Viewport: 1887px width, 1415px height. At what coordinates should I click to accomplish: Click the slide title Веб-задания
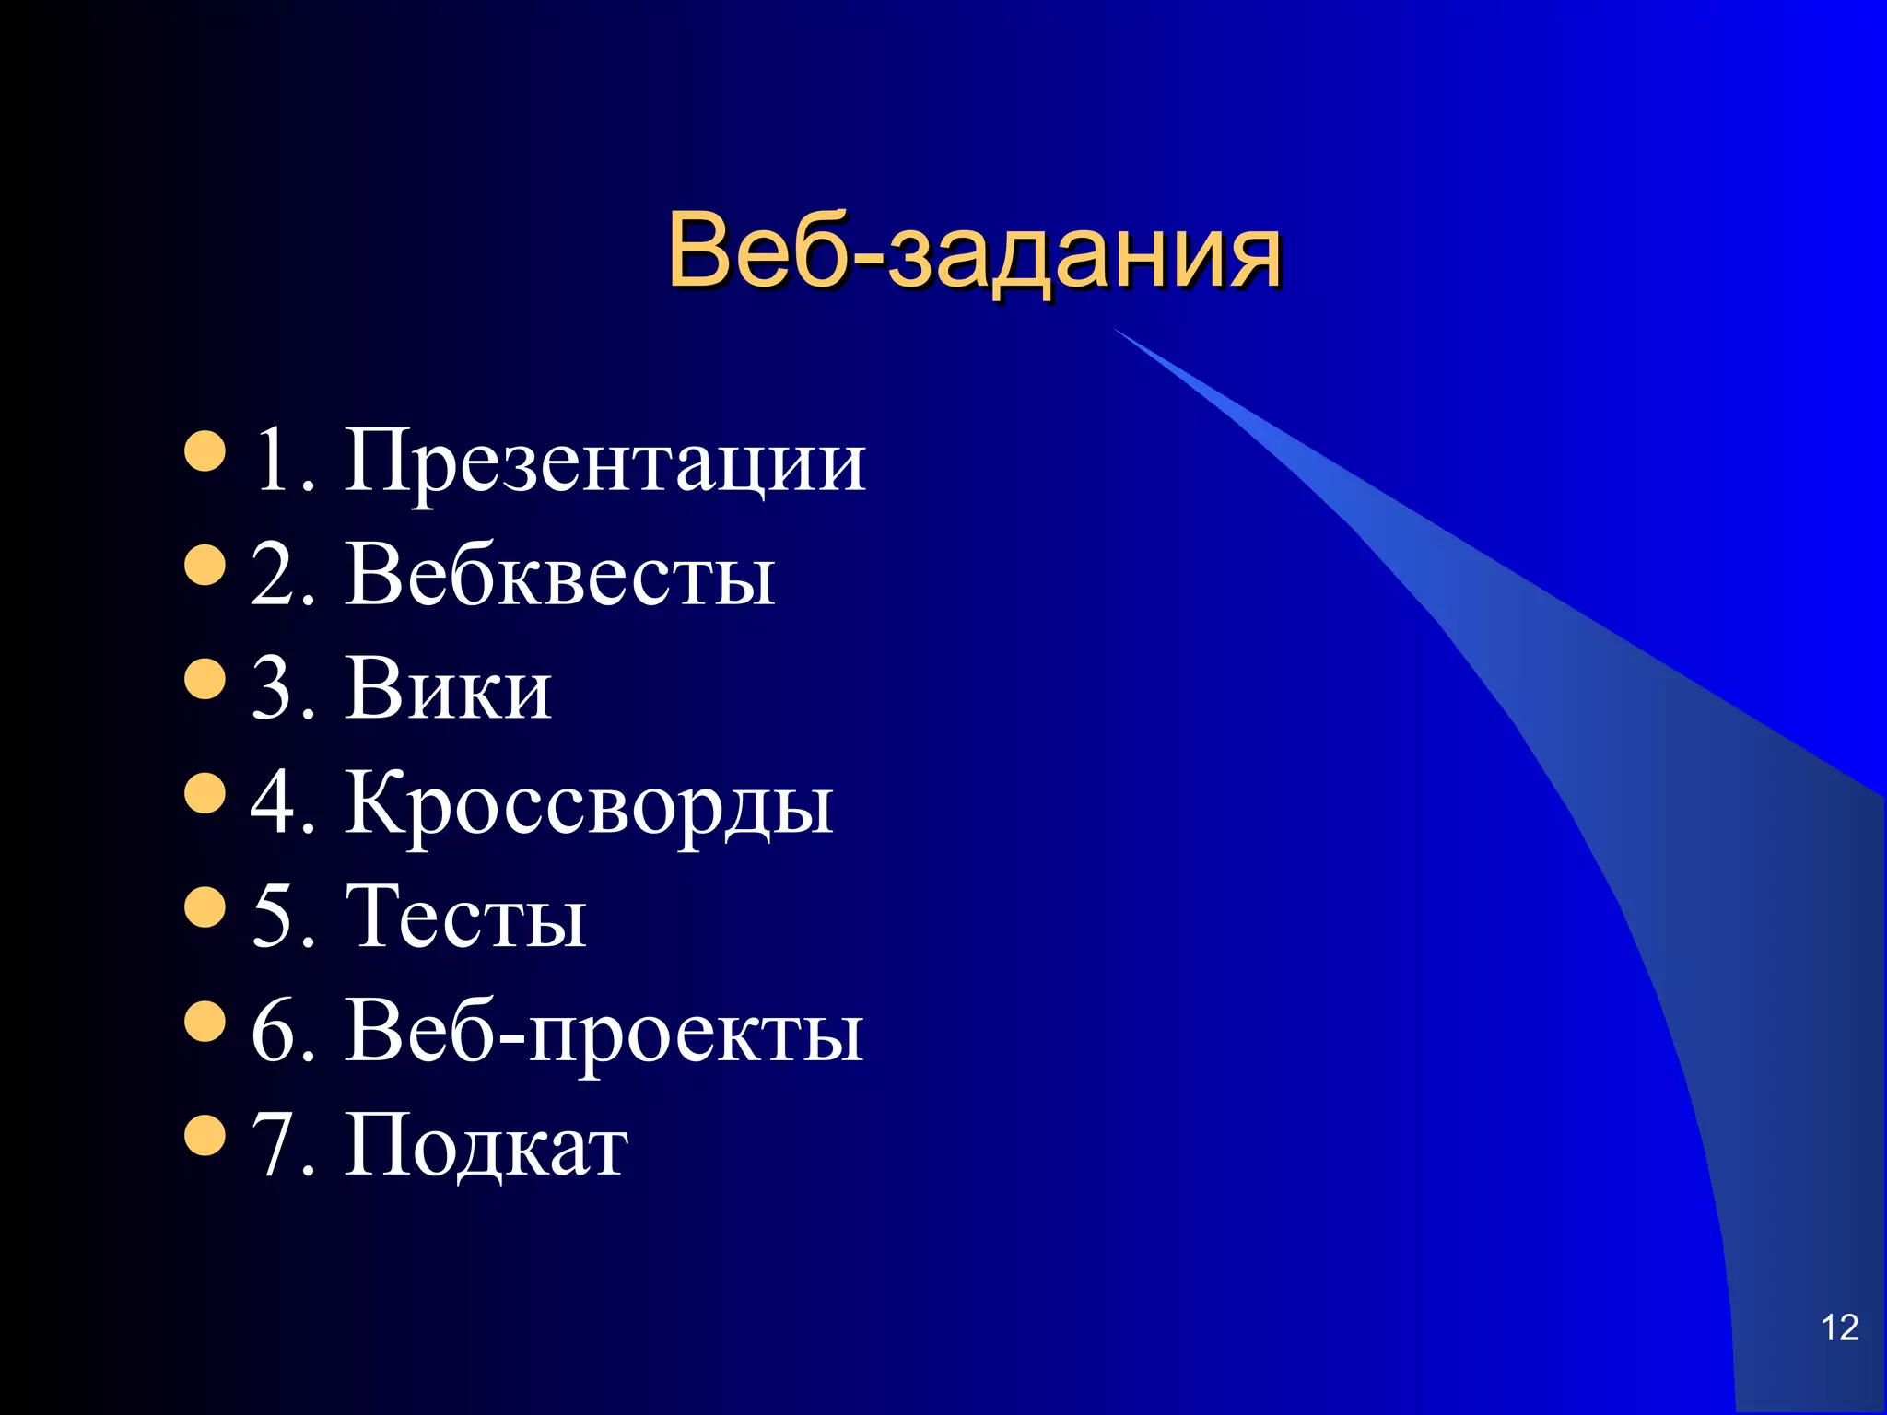[x=974, y=251]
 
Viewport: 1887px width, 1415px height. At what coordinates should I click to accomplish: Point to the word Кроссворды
[x=590, y=804]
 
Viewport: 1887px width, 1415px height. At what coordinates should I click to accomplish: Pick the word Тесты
[x=465, y=917]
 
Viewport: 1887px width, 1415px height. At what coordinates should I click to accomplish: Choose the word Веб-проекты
[x=604, y=1032]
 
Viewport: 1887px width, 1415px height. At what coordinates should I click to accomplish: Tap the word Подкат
[x=486, y=1145]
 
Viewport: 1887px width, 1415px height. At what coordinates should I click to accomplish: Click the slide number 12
[x=1839, y=1327]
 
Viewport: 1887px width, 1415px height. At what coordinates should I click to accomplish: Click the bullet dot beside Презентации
[x=205, y=450]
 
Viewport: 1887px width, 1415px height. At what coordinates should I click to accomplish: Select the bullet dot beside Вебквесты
[x=205, y=565]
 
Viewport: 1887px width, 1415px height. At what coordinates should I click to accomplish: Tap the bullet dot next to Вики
[x=205, y=679]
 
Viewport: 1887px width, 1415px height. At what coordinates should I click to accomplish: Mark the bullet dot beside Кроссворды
[x=205, y=793]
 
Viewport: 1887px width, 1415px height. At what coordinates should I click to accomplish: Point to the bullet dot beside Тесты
[x=205, y=907]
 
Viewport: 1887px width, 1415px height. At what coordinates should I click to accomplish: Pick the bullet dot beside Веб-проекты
[x=205, y=1022]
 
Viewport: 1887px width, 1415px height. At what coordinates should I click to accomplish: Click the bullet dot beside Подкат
[x=205, y=1136]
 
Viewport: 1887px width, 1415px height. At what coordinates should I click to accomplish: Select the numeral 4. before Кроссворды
[x=282, y=802]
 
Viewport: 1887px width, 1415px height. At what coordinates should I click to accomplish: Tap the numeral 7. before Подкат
[x=282, y=1145]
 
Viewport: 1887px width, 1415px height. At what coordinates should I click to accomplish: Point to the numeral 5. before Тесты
[x=282, y=917]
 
